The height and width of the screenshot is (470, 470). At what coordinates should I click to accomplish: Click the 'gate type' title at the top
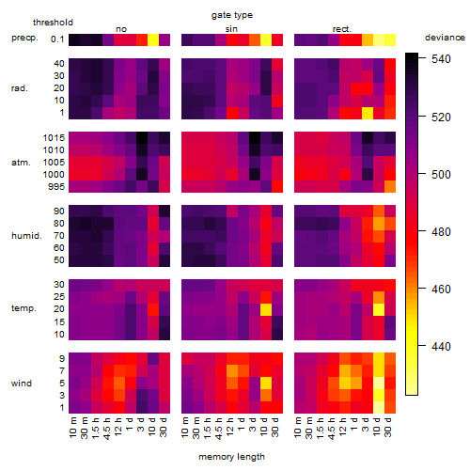tap(232, 15)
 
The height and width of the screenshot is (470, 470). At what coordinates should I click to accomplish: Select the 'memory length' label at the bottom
tap(231, 457)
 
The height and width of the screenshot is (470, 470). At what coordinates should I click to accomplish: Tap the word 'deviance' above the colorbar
tap(445, 38)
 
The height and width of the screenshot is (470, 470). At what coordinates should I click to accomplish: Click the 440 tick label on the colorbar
tap(441, 346)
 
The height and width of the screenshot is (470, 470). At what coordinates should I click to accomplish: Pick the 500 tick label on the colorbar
tap(441, 174)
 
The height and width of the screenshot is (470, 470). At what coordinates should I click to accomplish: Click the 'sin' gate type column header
tap(231, 29)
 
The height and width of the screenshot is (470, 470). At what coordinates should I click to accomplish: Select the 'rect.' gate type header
tap(341, 29)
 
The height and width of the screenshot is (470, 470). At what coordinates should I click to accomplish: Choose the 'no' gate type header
tap(121, 29)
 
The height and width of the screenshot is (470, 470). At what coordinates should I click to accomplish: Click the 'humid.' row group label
tap(26, 236)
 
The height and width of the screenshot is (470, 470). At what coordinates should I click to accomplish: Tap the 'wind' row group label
tap(22, 384)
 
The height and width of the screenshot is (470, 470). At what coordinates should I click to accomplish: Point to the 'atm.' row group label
tap(21, 163)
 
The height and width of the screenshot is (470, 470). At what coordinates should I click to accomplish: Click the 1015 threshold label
tap(54, 138)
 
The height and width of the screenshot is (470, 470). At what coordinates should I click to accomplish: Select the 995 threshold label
tap(56, 187)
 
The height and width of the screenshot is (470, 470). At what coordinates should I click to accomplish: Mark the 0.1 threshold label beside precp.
tap(57, 39)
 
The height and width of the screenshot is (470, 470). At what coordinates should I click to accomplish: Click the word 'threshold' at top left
tap(53, 23)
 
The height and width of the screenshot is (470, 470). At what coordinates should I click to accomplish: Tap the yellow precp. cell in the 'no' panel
tap(153, 39)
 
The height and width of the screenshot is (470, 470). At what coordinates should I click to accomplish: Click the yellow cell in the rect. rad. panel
tap(368, 113)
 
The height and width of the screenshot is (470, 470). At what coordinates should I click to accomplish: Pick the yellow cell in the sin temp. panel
tap(266, 309)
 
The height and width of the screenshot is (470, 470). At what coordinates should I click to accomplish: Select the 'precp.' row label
tap(24, 38)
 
